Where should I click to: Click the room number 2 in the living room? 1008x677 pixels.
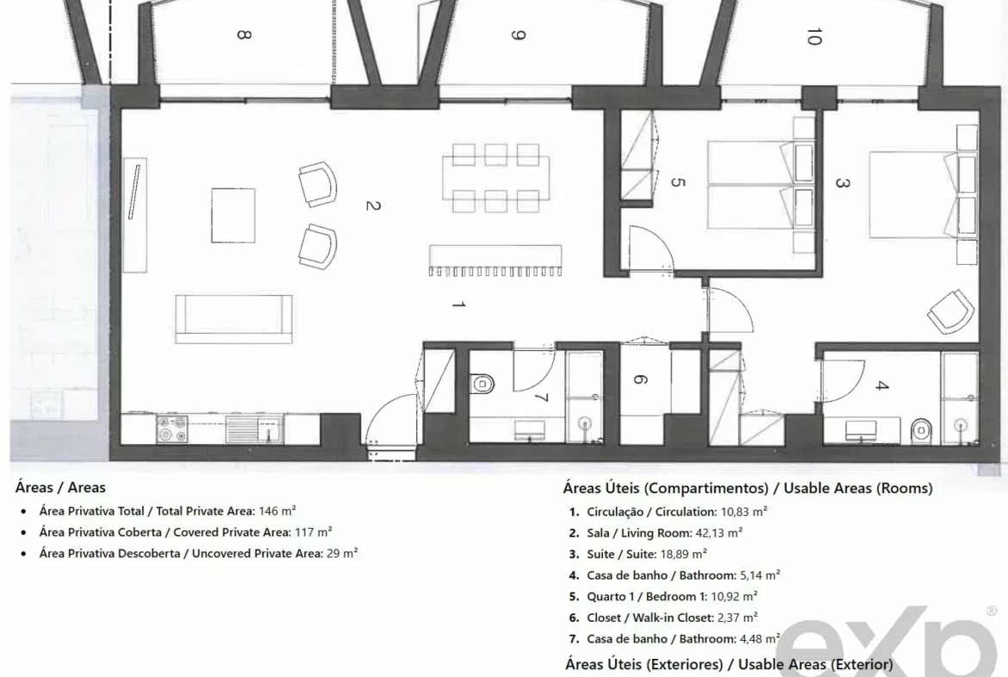tap(373, 205)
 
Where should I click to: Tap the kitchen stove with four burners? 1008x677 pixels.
tap(172, 429)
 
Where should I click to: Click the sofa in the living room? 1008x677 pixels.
tap(233, 319)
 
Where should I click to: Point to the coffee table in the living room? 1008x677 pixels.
tap(233, 215)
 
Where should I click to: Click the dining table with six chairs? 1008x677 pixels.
tap(495, 178)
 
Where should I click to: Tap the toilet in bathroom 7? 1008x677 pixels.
tap(482, 384)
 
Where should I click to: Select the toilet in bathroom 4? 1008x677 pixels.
tap(921, 429)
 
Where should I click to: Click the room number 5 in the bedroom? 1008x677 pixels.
tap(677, 183)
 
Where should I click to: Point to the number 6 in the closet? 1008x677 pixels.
tap(639, 379)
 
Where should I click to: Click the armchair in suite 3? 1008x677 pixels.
tap(951, 312)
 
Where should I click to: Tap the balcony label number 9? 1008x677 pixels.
tap(518, 34)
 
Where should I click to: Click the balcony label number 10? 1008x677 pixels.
tap(813, 36)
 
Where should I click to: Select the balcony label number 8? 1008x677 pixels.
tap(243, 34)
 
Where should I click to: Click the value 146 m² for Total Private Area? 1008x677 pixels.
tap(277, 511)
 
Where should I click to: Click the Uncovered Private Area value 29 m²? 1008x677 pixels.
tap(342, 553)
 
